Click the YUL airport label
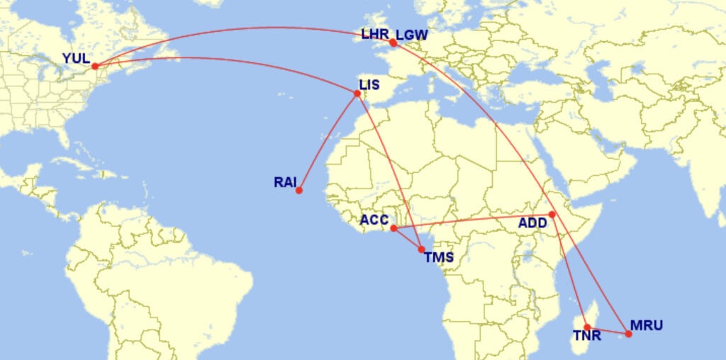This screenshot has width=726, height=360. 76,58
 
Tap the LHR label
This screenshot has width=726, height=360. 375,34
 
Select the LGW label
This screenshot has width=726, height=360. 412,35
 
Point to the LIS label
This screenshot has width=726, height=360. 369,85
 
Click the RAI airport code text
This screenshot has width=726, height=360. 285,182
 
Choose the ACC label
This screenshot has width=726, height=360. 374,220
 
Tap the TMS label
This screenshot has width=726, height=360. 438,257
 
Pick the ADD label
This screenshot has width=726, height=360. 532,223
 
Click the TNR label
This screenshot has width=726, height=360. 586,335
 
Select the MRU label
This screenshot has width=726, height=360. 647,326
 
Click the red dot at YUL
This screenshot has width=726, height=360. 94,66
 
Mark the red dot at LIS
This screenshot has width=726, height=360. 357,93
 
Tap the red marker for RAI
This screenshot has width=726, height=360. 299,190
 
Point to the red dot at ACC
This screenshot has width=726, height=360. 393,228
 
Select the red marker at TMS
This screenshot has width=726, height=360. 422,249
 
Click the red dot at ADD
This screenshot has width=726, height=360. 552,214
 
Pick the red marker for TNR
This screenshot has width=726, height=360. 587,327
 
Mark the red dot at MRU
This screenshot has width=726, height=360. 628,333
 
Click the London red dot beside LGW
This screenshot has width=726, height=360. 393,43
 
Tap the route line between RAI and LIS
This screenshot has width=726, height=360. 328,142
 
